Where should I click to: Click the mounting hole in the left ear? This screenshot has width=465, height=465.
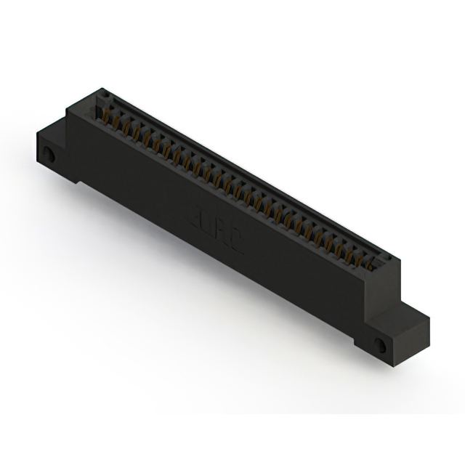coord(50,155)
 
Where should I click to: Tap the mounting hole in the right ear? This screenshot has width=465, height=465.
coord(380,344)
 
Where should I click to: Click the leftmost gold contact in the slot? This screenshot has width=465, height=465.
coord(109,116)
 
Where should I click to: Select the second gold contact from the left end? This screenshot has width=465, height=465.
coord(118,121)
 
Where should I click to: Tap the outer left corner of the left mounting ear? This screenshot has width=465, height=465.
coord(36,136)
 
